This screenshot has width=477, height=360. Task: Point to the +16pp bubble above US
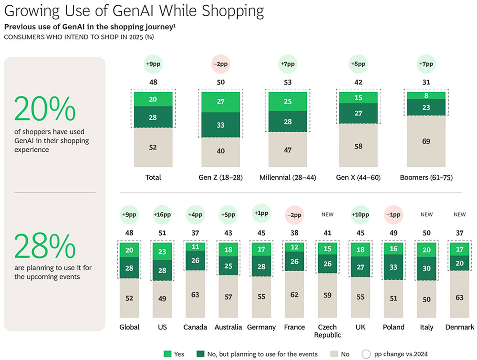[x=162, y=214]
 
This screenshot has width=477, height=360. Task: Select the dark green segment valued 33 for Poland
[x=393, y=268]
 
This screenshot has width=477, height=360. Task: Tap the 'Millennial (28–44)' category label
[x=287, y=177]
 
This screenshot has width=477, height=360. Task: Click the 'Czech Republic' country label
[x=327, y=330]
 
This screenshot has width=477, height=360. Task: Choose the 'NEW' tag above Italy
[x=426, y=215]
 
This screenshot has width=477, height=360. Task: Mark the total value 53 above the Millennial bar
[x=287, y=83]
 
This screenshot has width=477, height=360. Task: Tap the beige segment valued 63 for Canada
[x=195, y=295]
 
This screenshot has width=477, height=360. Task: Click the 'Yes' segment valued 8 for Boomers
[x=426, y=95]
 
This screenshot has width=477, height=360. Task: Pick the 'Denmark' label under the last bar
[x=459, y=327]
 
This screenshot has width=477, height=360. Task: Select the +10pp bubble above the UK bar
[x=360, y=214]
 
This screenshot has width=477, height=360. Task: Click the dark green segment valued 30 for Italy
[x=426, y=268]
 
